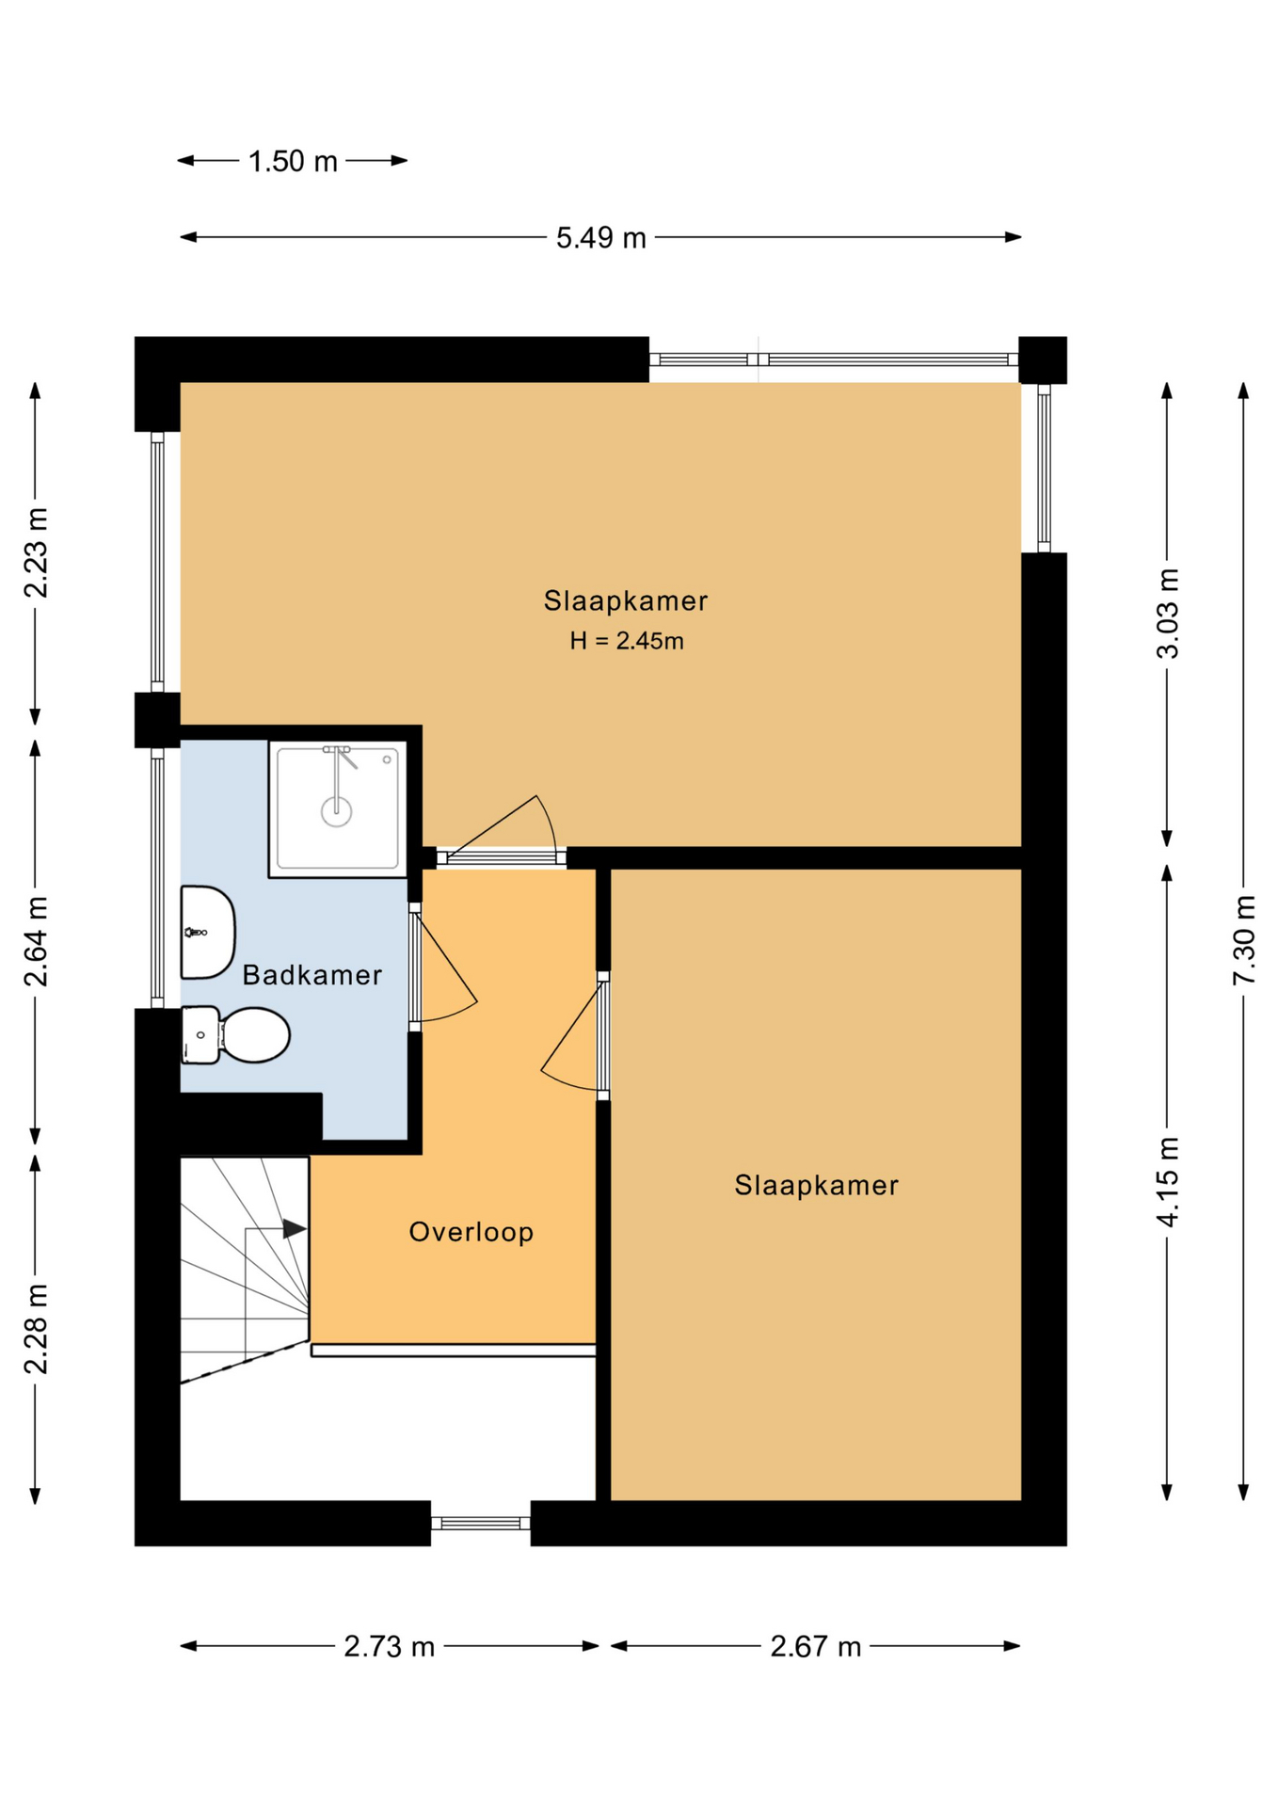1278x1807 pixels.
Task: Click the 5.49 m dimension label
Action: pyautogui.click(x=600, y=238)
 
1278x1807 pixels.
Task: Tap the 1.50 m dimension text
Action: pyautogui.click(x=293, y=162)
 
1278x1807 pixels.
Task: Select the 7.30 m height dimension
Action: pyautogui.click(x=1243, y=939)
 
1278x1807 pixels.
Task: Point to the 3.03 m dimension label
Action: pyautogui.click(x=1167, y=613)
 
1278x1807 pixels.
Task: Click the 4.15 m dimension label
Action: pyautogui.click(x=1167, y=1181)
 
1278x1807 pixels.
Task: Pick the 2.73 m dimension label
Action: pyautogui.click(x=389, y=1646)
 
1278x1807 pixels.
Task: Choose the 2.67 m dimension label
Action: pyautogui.click(x=816, y=1646)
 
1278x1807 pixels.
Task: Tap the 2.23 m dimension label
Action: pyautogui.click(x=36, y=552)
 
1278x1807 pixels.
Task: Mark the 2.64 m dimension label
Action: pyautogui.click(x=36, y=941)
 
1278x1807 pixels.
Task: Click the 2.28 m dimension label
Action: pyautogui.click(x=36, y=1328)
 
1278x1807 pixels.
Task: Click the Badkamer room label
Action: pyautogui.click(x=312, y=975)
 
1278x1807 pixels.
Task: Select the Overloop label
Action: pyautogui.click(x=471, y=1232)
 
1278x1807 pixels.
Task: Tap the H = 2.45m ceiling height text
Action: pyautogui.click(x=627, y=641)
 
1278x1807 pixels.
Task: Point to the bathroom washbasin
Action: pyautogui.click(x=207, y=933)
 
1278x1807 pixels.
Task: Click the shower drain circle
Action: pyautogui.click(x=336, y=810)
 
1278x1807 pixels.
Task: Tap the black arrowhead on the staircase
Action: pyautogui.click(x=295, y=1228)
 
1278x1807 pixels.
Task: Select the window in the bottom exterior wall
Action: pyautogui.click(x=481, y=1523)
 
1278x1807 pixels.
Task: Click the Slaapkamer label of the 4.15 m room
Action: pyautogui.click(x=817, y=1185)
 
